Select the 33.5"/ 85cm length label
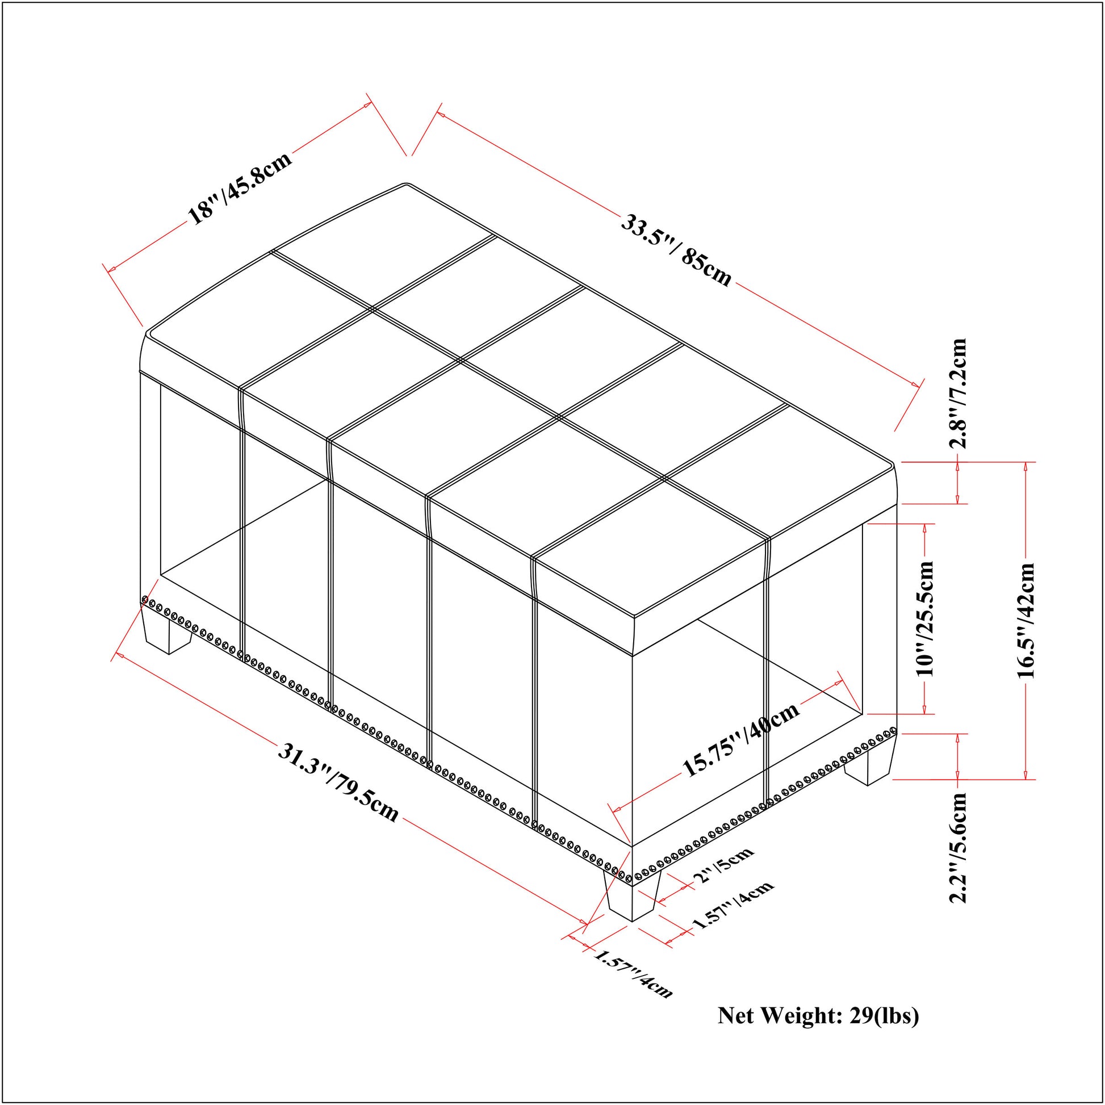(677, 250)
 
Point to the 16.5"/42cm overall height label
(1026, 621)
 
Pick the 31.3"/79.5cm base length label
(338, 781)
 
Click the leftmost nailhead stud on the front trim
(145, 600)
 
